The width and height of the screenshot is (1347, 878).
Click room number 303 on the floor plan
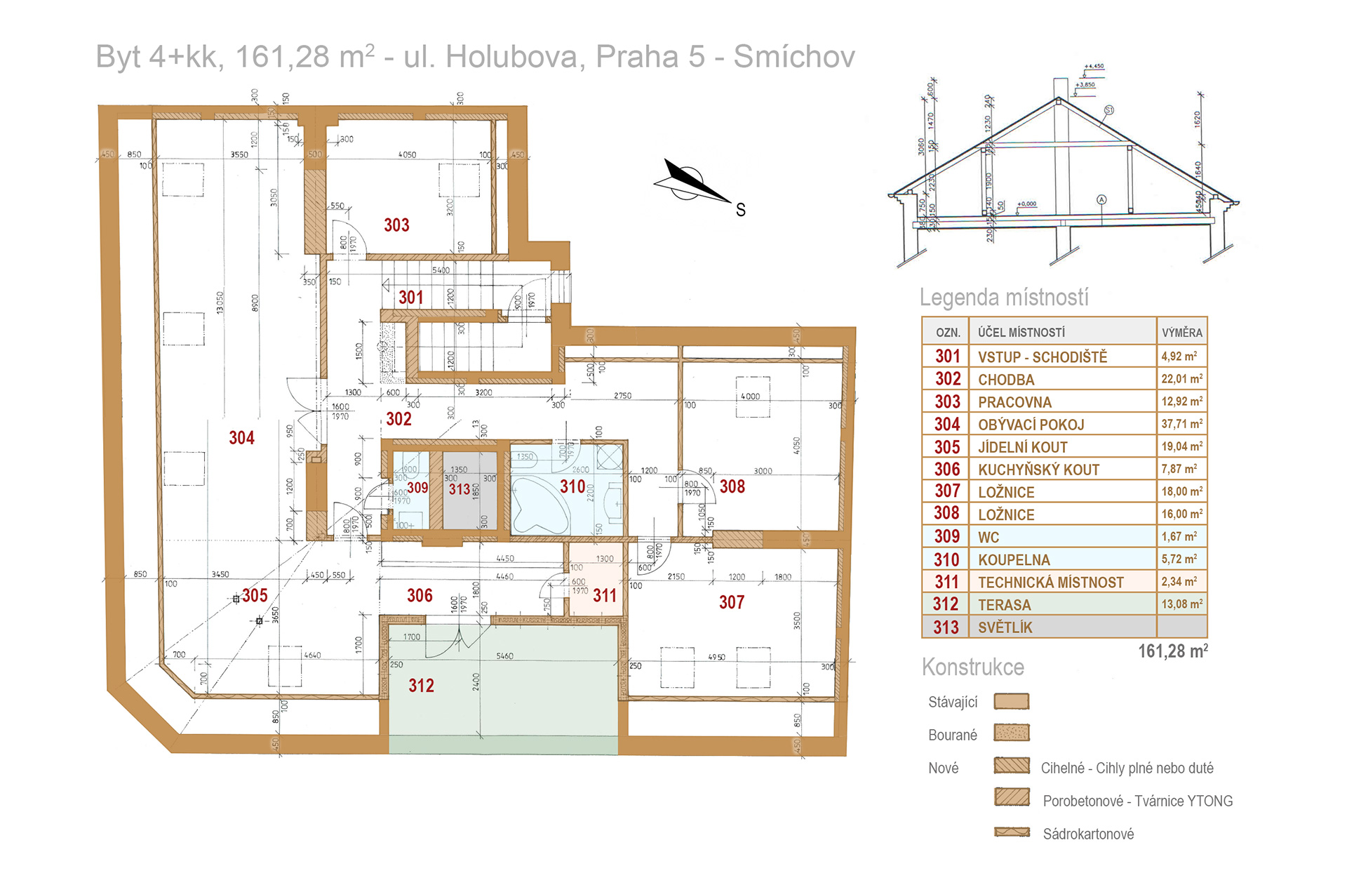pos(396,225)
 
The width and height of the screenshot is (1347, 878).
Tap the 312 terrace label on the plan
pos(421,686)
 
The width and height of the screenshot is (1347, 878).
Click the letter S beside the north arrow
pos(741,210)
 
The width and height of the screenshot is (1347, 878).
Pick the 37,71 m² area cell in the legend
pos(1181,424)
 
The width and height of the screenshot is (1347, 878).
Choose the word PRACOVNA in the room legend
pos(1014,402)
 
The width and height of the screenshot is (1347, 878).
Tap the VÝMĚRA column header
pos(1181,333)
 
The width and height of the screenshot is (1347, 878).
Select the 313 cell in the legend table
pos(946,627)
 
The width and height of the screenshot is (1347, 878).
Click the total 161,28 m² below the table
pos(1172,651)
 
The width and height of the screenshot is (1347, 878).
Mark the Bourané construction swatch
pos(1012,733)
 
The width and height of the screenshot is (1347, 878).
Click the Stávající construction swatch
pos(1012,701)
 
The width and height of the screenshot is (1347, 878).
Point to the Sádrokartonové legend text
pos(1088,834)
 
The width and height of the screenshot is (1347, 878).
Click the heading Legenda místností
pos(1004,298)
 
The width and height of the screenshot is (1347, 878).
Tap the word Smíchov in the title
pos(794,57)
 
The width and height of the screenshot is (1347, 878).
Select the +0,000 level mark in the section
pos(1026,204)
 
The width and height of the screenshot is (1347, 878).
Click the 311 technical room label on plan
pos(604,596)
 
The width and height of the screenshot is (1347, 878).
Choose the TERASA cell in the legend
pos(1004,605)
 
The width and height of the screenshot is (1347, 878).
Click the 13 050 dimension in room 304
pos(220,302)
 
